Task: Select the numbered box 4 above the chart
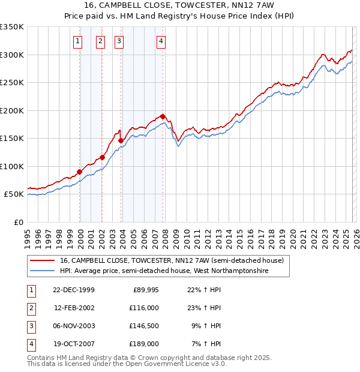(161, 41)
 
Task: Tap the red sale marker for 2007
(163, 116)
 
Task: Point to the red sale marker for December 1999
(80, 172)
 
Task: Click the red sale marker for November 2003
(121, 140)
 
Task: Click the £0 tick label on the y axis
(18, 222)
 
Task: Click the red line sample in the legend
(43, 260)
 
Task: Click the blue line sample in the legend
(43, 271)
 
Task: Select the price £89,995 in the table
(144, 290)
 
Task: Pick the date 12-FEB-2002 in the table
(74, 308)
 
